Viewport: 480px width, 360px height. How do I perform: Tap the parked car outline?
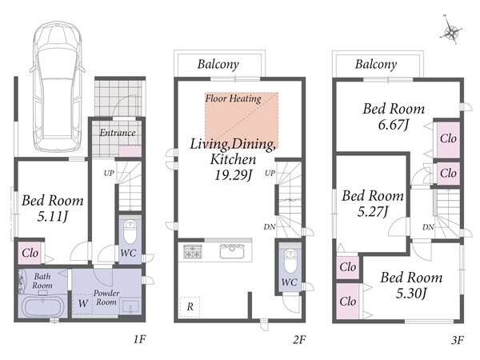coord(58,86)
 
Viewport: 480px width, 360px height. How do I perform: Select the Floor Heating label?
coord(233,98)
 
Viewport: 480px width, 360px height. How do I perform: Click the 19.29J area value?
coord(234,175)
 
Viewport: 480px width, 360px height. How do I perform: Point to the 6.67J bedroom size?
coord(394,124)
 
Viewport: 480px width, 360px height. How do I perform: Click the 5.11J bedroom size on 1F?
coord(52,217)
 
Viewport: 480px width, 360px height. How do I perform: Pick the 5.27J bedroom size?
coord(373,211)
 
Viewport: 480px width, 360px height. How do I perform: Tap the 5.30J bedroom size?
coord(411,294)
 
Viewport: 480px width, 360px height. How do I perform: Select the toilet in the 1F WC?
coord(130,231)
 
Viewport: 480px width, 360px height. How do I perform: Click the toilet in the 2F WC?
coord(290,259)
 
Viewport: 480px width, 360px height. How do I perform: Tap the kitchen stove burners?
coord(193,251)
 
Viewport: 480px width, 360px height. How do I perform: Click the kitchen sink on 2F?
coord(232,251)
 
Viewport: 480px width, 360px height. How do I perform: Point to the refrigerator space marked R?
coord(190,306)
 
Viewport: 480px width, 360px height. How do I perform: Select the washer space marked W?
coord(82,303)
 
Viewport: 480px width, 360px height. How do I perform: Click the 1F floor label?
coord(139,339)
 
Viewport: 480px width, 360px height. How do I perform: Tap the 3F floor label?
coord(458,340)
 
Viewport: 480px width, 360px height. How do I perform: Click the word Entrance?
coord(118,133)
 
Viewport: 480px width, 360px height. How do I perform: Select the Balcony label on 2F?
coord(218,64)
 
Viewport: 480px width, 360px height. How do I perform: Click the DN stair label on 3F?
coord(428,227)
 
